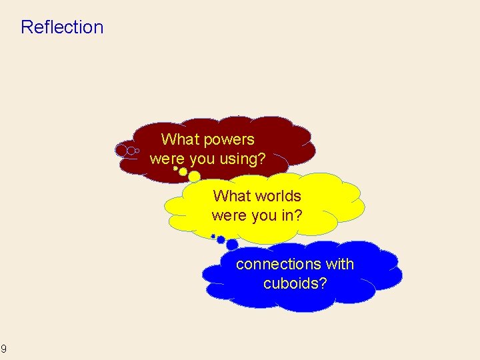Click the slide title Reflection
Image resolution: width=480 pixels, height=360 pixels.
coord(62,27)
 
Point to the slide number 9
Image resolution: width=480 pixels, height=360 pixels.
coord(4,349)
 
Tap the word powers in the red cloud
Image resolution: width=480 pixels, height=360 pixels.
coord(229,139)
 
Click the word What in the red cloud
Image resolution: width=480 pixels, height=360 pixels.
coord(180,139)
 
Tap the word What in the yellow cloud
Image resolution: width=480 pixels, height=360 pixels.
coord(231,196)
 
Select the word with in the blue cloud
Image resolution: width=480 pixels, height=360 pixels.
coord(340,264)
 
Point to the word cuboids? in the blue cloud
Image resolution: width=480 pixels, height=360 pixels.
coord(295,283)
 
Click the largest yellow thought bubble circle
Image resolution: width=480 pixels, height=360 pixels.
coord(194,177)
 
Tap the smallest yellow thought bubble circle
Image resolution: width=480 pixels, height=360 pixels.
coord(175,168)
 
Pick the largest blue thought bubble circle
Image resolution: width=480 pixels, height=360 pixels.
coord(232,245)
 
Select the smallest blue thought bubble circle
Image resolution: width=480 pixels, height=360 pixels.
coord(213,236)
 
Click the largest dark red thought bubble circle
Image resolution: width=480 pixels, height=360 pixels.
coord(121,151)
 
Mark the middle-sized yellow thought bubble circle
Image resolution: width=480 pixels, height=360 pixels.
coord(183,172)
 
